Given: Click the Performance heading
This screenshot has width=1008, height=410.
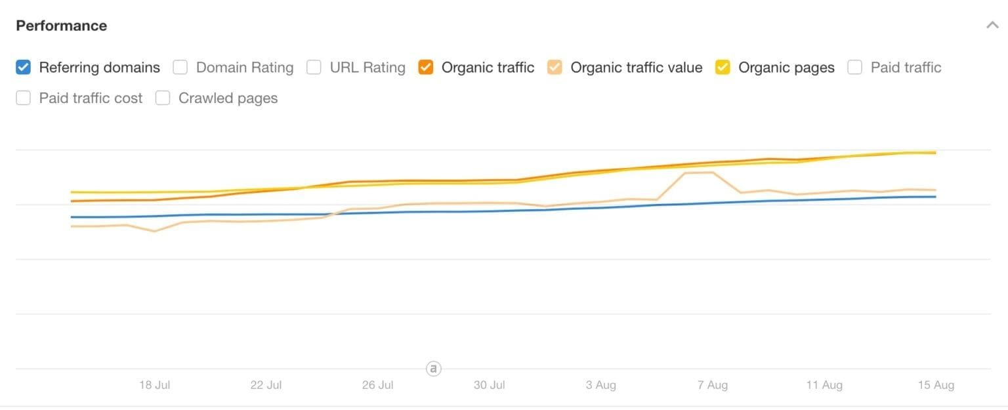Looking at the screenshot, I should coord(61,26).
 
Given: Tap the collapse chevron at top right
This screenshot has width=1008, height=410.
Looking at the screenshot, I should coord(992,26).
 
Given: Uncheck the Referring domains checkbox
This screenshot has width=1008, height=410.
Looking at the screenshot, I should coord(24,68).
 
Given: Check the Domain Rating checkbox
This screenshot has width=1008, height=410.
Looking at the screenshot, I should coord(180,68).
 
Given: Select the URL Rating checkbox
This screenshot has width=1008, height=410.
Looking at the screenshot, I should coord(314,68).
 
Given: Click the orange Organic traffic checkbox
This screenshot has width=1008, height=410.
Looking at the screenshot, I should coord(426,68).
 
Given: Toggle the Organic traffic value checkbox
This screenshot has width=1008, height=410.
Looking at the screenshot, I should coord(555,68).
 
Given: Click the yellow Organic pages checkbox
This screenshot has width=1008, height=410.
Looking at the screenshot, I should coord(723,68).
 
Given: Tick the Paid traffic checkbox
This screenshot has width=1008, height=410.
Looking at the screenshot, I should coord(855,68).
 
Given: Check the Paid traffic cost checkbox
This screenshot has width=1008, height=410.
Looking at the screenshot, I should coord(24,98).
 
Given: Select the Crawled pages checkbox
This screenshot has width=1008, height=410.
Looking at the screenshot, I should coord(163,98).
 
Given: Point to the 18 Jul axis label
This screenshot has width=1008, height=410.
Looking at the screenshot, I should coord(154,385).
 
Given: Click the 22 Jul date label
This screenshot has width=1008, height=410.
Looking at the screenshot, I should coord(266,385).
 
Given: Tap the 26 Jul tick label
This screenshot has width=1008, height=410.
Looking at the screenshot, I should coord(377,385).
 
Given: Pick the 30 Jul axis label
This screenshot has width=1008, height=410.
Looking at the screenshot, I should coord(489,385).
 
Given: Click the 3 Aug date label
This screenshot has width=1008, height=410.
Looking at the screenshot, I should coord(601,385).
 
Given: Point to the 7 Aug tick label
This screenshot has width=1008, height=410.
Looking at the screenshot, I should coord(713,385).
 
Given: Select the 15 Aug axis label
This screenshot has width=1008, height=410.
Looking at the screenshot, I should coord(936,385).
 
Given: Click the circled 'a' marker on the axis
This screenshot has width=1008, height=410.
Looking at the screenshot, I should coord(433,369).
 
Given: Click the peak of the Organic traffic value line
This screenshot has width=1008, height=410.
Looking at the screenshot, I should coord(699,173).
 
